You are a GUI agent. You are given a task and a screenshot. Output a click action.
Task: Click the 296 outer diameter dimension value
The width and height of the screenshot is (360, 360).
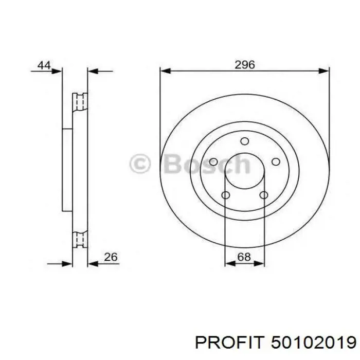245,65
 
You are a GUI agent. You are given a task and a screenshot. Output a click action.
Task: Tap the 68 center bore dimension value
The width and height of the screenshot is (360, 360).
244,257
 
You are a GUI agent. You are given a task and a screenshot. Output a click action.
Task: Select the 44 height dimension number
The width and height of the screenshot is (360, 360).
44,65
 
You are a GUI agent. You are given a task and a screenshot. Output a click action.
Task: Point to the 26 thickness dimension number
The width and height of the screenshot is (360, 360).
111,257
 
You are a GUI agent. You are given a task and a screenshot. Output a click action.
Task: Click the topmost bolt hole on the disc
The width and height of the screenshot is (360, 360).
245,141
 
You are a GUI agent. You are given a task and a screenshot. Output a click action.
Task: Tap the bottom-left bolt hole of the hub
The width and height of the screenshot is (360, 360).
225,195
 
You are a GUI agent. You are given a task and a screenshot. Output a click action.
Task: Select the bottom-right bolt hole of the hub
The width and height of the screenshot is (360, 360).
264,195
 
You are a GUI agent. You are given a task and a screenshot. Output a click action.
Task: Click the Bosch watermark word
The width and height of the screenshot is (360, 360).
206,165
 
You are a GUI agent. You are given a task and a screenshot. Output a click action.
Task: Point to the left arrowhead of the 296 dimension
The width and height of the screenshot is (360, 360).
165,72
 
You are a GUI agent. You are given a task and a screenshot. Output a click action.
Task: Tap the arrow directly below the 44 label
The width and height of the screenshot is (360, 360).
57,72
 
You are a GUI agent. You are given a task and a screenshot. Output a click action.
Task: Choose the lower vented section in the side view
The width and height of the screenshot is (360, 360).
80,239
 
